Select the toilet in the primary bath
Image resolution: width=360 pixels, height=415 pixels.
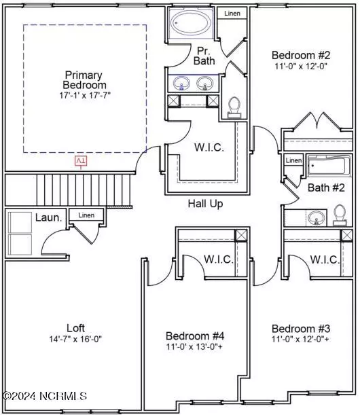tap(234, 106)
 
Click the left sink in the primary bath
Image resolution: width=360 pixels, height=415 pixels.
tap(181, 84)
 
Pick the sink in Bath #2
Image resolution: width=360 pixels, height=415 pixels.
tap(315, 218)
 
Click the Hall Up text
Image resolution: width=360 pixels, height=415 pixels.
tap(206, 203)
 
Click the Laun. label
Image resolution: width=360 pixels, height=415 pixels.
tap(48, 218)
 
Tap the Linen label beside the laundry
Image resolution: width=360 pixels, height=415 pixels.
tap(86, 215)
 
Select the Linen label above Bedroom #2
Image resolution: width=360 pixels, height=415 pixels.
tap(232, 13)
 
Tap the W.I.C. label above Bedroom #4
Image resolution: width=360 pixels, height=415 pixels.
tap(219, 259)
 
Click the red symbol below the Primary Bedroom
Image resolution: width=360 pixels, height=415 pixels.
tap(81, 160)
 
